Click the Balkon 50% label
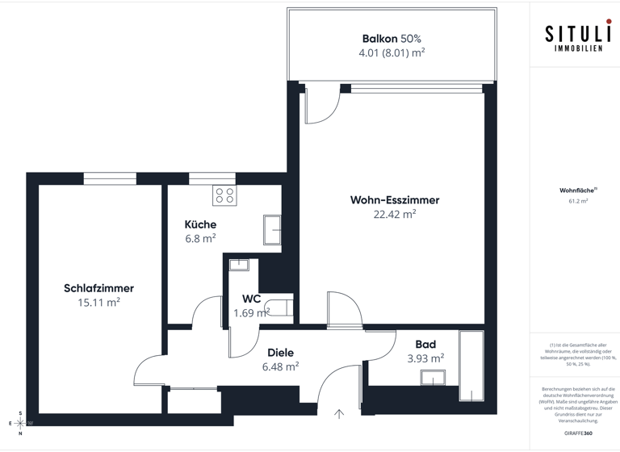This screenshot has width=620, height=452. [x=392, y=38]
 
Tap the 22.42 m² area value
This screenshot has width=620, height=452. [x=394, y=215]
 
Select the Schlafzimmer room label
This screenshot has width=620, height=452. [x=98, y=288]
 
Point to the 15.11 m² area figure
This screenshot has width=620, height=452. [x=98, y=303]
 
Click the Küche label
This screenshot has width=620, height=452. [x=200, y=224]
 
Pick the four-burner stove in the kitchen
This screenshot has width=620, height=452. [x=224, y=195]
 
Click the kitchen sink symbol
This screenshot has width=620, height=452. [x=272, y=229]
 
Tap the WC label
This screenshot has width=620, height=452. [x=251, y=299]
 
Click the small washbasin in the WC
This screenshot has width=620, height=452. [x=240, y=264]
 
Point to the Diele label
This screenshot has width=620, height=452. [x=280, y=353]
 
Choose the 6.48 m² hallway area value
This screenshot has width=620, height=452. [x=280, y=366]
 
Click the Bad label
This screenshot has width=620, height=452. [x=425, y=345]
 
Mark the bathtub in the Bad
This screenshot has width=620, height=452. [x=470, y=365]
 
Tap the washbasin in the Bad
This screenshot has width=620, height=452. [x=433, y=378]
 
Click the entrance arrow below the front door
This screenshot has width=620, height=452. [x=339, y=414]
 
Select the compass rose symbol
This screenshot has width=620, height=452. [x=20, y=422]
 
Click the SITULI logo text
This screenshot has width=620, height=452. [x=576, y=35]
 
